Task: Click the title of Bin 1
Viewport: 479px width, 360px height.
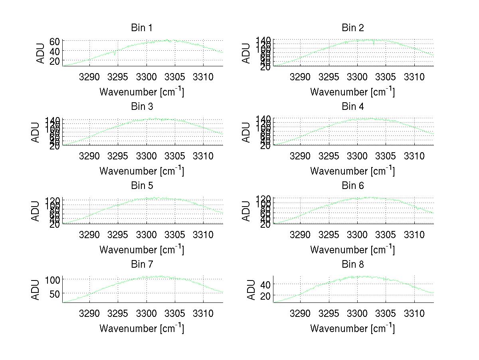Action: pyautogui.click(x=142, y=28)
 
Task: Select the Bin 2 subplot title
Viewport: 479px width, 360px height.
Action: pyautogui.click(x=353, y=28)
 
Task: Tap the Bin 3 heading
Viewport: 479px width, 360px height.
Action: pyautogui.click(x=142, y=107)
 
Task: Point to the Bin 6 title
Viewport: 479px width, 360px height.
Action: pyautogui.click(x=353, y=186)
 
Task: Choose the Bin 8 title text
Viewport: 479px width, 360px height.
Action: pyautogui.click(x=353, y=265)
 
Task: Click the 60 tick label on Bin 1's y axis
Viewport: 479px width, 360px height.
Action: pyautogui.click(x=55, y=41)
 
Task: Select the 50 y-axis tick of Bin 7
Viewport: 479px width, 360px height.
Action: pyautogui.click(x=55, y=293)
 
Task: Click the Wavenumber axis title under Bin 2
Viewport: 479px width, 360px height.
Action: pyautogui.click(x=352, y=92)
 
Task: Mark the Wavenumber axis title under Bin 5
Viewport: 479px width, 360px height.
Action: pyautogui.click(x=142, y=250)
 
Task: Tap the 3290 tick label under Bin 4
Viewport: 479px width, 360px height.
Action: pyautogui.click(x=300, y=155)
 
